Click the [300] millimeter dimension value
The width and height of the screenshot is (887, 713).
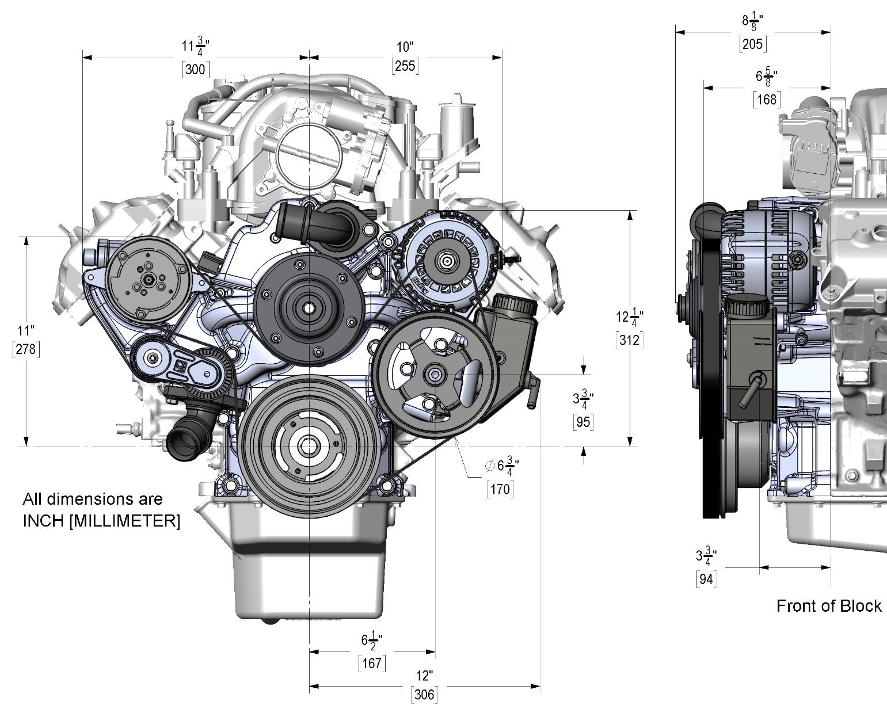click(x=196, y=69)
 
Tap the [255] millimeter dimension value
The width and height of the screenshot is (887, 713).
click(x=405, y=66)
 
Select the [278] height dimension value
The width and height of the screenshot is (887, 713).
click(x=26, y=349)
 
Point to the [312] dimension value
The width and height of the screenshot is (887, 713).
click(x=629, y=340)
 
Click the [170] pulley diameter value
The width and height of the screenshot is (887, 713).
click(x=500, y=489)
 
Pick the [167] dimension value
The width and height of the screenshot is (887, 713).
click(x=372, y=663)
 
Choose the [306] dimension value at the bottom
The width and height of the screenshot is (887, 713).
click(x=424, y=695)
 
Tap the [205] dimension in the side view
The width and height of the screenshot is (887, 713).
click(x=753, y=44)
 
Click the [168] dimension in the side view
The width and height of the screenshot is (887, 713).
click(x=767, y=100)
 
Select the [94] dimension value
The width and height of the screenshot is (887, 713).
click(x=706, y=579)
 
